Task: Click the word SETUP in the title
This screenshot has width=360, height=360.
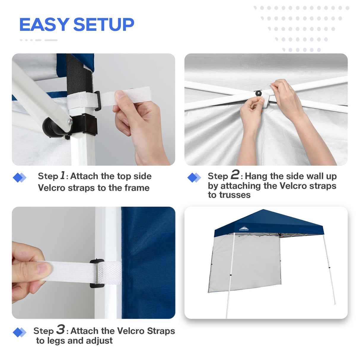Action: (103, 25)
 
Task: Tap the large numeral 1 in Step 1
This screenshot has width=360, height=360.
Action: (63, 175)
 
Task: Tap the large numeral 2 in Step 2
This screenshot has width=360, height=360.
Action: (235, 175)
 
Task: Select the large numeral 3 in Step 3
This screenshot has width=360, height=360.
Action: (60, 329)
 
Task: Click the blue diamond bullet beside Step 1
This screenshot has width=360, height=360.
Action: (19, 178)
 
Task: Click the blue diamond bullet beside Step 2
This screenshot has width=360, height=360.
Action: (194, 178)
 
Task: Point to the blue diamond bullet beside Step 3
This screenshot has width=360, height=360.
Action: (19, 332)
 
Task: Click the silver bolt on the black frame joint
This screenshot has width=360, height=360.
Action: (70, 121)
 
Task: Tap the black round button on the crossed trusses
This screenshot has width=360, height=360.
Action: (259, 93)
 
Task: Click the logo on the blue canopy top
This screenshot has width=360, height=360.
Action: (244, 229)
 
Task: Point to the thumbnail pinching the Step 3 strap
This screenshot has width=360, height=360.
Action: (43, 269)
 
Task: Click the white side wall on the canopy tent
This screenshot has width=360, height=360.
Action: (246, 262)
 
